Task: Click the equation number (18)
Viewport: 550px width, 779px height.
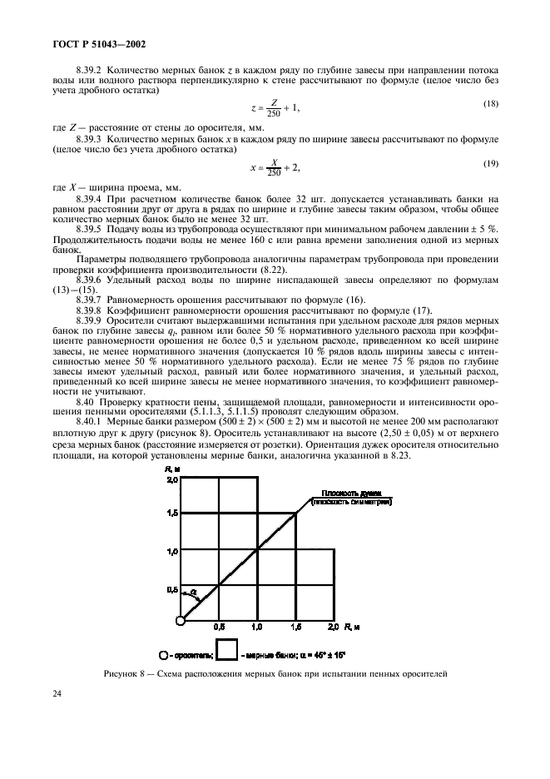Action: pos(490,103)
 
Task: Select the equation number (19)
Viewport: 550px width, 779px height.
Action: pos(490,162)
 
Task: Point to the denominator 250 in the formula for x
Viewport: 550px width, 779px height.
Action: pos(271,173)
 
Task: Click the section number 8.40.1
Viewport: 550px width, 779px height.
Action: pos(90,422)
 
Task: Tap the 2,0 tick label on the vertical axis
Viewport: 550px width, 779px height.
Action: pos(172,480)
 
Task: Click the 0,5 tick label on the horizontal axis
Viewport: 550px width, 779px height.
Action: pos(220,624)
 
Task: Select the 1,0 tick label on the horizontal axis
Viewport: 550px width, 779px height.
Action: pos(257,624)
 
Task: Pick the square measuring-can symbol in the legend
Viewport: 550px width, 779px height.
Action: pos(227,649)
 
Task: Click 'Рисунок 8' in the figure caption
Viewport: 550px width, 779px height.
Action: pos(125,672)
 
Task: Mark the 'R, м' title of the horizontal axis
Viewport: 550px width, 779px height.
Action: pos(350,624)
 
